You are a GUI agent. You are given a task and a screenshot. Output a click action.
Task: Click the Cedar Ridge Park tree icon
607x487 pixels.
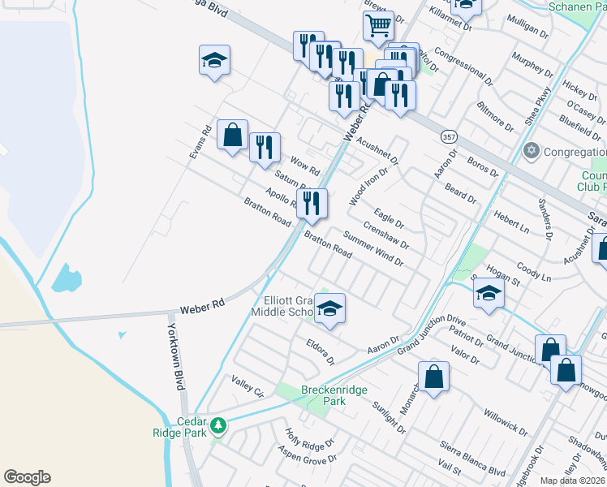(x=217, y=425)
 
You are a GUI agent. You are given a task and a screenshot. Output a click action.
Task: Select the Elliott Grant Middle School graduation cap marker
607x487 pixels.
(x=329, y=308)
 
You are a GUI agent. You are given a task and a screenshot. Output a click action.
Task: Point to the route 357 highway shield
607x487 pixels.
(x=449, y=136)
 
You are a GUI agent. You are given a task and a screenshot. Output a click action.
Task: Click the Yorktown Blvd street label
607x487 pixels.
(x=176, y=357)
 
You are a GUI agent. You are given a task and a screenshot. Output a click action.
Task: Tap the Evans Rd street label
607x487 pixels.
(x=200, y=147)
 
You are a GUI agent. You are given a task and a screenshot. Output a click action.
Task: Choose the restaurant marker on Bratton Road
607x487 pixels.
(x=312, y=205)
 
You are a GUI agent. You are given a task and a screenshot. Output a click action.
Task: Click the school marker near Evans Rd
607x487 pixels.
(x=214, y=61)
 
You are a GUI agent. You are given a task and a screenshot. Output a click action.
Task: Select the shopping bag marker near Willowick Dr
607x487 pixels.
(x=434, y=377)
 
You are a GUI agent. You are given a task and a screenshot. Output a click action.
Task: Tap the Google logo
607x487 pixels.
(x=27, y=477)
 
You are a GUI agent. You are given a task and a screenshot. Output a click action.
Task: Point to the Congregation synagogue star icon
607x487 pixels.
(x=532, y=151)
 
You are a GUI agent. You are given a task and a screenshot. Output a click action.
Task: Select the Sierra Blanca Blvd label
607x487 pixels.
(x=473, y=458)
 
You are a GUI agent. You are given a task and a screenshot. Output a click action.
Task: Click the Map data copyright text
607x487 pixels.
(x=573, y=481)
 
